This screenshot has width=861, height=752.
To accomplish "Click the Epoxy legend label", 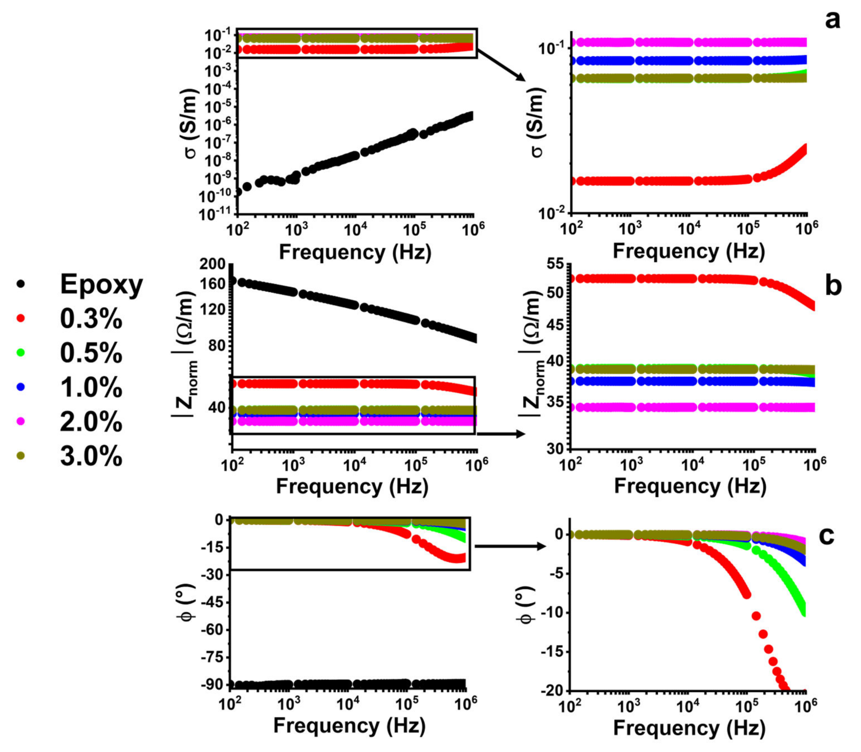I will tap(101, 284).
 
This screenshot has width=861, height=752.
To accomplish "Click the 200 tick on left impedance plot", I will tap(213, 264).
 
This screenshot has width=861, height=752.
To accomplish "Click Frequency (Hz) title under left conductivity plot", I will tap(355, 252).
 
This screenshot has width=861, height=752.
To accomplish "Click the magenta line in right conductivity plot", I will tap(688, 42).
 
